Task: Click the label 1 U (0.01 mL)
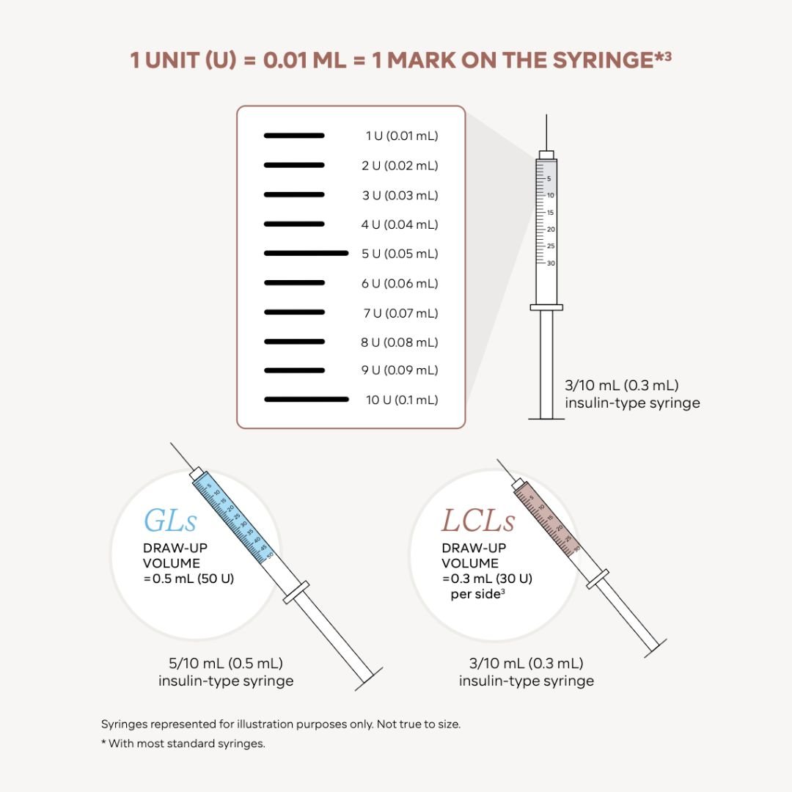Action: coord(402,136)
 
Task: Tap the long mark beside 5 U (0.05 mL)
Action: coord(306,253)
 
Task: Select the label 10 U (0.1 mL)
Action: coord(402,400)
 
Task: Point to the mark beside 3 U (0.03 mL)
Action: coord(293,194)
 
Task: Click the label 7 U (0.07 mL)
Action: coord(402,313)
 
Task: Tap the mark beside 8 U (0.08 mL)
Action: coord(293,342)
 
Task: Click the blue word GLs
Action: coord(170,521)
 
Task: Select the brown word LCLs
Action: coord(477,521)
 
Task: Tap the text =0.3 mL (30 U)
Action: coord(487,578)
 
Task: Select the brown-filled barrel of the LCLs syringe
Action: coord(549,516)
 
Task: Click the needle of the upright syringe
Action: coord(546,132)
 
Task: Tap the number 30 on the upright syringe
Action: coord(551,263)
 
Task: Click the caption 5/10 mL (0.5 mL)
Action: coord(226,664)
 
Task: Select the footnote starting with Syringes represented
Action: coord(281,724)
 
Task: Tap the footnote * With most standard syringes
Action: coord(183,744)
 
